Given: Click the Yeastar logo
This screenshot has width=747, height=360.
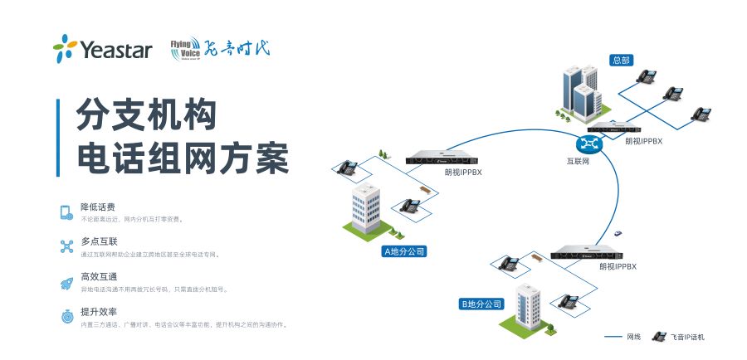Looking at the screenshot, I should click(102, 49).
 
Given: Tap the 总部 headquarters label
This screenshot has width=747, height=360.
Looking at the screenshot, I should click(621, 60).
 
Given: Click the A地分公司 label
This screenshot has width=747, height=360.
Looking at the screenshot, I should click(409, 251).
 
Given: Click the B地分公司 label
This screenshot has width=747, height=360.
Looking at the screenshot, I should click(482, 304).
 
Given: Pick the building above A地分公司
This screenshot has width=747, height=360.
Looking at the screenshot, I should click(365, 208).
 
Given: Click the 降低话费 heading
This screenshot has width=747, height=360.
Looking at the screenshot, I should click(97, 207).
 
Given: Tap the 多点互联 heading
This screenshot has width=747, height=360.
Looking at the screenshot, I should click(97, 242).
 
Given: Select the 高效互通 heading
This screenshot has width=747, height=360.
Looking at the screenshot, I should click(97, 277).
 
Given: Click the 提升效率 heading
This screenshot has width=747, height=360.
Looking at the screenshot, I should click(97, 313).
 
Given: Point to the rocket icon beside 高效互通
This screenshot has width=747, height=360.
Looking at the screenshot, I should click(66, 283).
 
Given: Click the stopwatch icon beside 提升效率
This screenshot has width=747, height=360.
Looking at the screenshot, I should click(66, 317).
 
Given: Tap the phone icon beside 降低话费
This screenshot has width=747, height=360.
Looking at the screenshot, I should click(66, 212).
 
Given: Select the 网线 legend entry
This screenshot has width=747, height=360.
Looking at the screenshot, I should click(622, 337).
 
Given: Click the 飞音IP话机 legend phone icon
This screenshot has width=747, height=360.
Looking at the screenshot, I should click(660, 337).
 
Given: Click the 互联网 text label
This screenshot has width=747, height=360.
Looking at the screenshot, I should click(578, 162).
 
